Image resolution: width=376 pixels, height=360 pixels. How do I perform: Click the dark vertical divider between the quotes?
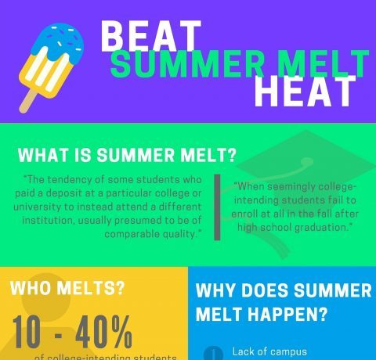pos(217,207)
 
